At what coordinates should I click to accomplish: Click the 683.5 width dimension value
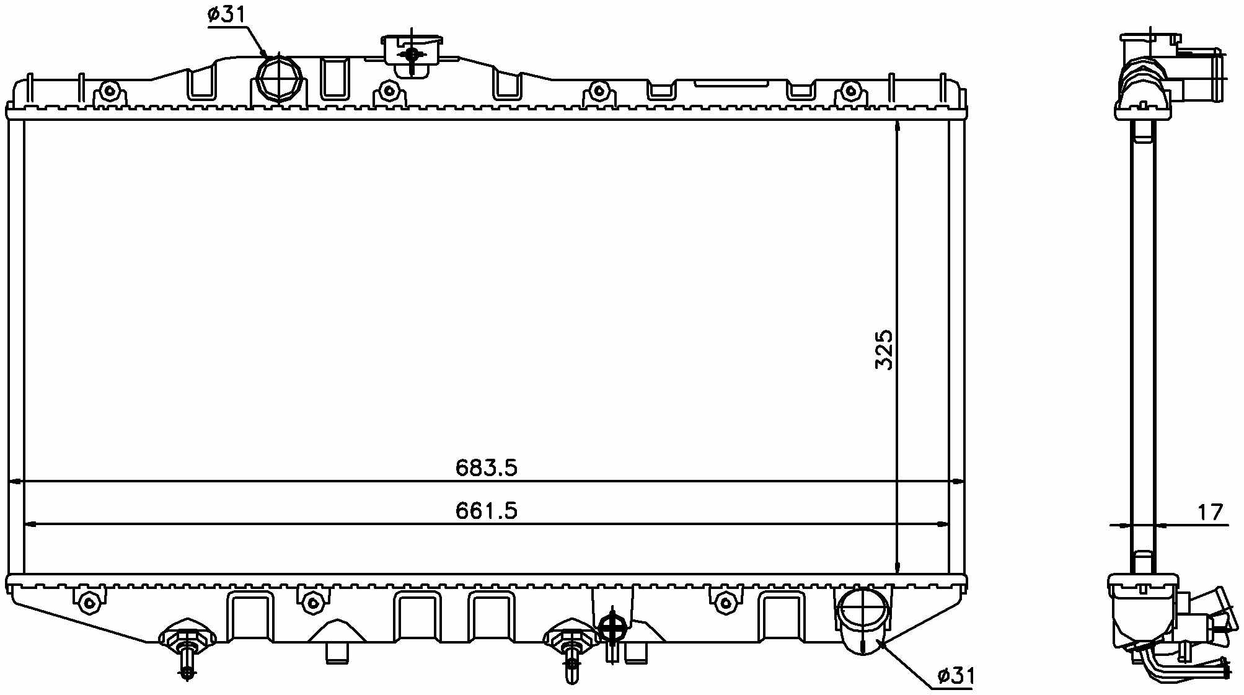click(486, 468)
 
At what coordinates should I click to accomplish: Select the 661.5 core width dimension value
click(486, 511)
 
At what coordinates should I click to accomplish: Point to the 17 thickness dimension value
click(1210, 513)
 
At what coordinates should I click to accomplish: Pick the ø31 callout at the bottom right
click(955, 676)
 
